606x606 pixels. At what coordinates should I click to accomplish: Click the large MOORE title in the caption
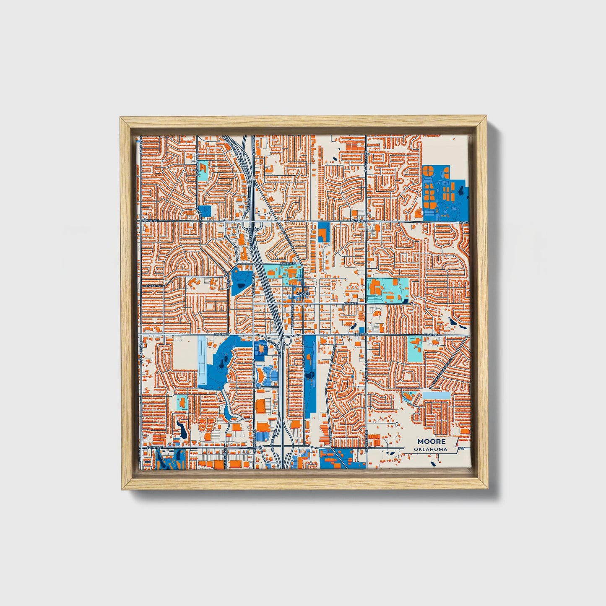tap(431, 442)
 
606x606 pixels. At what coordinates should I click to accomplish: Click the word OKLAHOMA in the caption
tap(430, 449)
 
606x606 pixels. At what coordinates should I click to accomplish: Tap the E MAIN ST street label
tap(350, 303)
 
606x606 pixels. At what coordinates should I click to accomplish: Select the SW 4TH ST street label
tap(222, 335)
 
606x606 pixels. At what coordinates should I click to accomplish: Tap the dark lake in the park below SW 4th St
tap(226, 359)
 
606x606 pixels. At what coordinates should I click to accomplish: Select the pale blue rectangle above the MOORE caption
tap(436, 395)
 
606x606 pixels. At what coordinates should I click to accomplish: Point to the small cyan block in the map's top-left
tap(203, 171)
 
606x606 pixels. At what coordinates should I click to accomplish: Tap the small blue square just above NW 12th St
tap(205, 211)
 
